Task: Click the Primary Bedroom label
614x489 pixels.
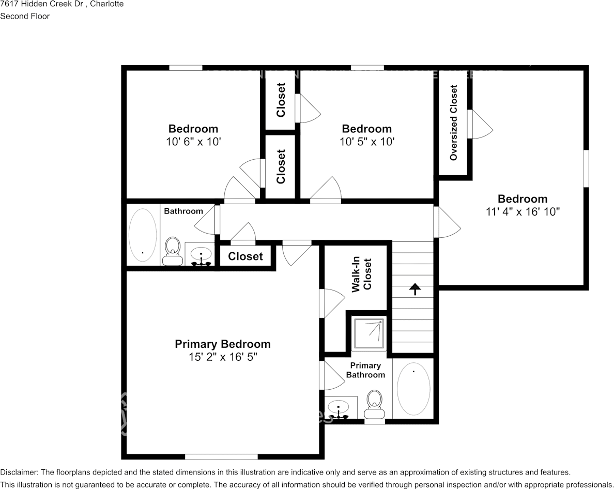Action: pyautogui.click(x=222, y=344)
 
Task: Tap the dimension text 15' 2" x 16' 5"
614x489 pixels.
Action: pyautogui.click(x=222, y=357)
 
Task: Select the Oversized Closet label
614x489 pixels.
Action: pyautogui.click(x=454, y=123)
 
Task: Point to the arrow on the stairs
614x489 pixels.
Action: pyautogui.click(x=415, y=289)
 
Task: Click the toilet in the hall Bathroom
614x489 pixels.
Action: pyautogui.click(x=172, y=251)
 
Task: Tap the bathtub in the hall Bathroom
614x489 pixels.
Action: pyautogui.click(x=142, y=234)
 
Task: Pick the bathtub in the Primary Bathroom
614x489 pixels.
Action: pyautogui.click(x=413, y=388)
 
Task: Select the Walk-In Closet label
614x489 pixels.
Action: pyautogui.click(x=362, y=276)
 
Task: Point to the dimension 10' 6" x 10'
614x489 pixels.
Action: pyautogui.click(x=193, y=141)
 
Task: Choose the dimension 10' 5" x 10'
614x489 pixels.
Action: pyautogui.click(x=367, y=141)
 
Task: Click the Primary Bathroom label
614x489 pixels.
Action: pyautogui.click(x=365, y=370)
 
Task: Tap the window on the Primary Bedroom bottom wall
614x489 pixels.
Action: pyautogui.click(x=221, y=456)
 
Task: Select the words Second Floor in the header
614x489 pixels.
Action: pyautogui.click(x=25, y=16)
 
